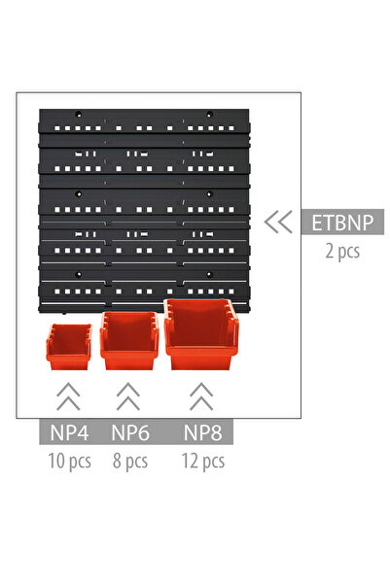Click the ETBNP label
click(342, 222)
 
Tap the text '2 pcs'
click(342, 251)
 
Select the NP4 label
click(69, 432)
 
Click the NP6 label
click(130, 432)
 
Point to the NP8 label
click(203, 432)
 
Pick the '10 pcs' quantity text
click(69, 462)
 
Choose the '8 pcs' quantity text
click(130, 462)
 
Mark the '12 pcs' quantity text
click(203, 462)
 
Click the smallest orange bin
click(69, 347)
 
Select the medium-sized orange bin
click(129, 341)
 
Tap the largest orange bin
click(201, 334)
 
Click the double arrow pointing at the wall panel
click(278, 222)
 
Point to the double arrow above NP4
click(68, 396)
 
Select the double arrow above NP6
click(128, 396)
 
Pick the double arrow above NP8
click(201, 396)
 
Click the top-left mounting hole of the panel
click(79, 115)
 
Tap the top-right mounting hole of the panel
click(209, 115)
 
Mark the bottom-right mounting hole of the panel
click(209, 275)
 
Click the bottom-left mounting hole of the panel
click(79, 275)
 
